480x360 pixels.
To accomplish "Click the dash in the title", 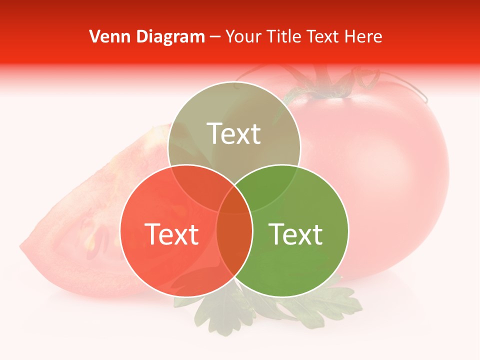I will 214,37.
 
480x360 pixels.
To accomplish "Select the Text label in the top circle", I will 234,133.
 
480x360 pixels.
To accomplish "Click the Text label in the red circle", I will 171,233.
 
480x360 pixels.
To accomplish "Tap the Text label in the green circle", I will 296,233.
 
